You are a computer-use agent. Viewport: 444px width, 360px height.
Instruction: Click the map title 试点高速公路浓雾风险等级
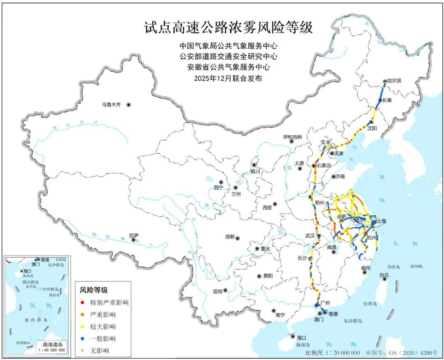[228, 28]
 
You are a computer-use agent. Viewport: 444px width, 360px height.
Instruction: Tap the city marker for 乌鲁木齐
[129, 105]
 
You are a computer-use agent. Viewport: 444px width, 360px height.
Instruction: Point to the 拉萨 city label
[134, 235]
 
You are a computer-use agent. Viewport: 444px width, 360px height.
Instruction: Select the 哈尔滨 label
[394, 81]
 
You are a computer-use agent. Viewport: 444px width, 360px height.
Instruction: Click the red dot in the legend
[83, 303]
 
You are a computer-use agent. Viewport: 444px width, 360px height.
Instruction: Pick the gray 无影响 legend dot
[83, 351]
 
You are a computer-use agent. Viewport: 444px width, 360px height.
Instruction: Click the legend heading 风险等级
[94, 290]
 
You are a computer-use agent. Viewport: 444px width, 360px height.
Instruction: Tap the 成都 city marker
[237, 238]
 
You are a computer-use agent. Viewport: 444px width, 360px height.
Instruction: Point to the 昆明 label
[217, 291]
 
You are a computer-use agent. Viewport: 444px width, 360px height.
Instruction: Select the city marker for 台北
[384, 279]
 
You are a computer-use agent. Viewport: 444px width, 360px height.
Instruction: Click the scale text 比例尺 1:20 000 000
[333, 353]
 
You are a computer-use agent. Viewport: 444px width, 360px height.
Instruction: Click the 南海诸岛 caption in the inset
[51, 344]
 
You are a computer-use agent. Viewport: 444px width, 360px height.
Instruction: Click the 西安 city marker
[275, 204]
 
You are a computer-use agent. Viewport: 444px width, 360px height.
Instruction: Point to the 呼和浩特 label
[293, 137]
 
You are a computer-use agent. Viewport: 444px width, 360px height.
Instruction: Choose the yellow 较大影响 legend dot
[83, 327]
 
